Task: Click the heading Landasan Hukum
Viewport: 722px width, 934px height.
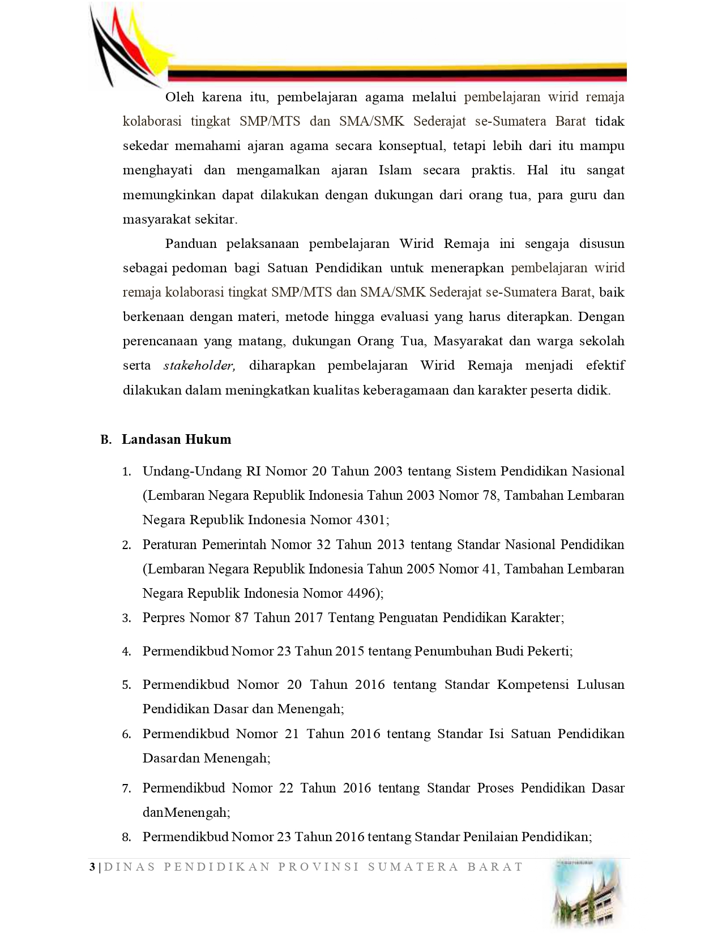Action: [176, 439]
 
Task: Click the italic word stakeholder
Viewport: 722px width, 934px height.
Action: [199, 366]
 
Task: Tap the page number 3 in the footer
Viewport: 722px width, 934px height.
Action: [92, 867]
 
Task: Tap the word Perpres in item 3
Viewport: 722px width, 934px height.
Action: [164, 618]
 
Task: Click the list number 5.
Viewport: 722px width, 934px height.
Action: [127, 685]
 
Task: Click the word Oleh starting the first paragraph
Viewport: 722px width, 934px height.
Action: [180, 97]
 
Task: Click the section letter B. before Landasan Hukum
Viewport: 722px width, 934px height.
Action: [105, 440]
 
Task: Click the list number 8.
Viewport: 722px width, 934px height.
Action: [127, 838]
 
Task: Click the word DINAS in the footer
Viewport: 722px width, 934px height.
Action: [130, 867]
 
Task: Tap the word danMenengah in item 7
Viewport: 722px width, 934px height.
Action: [186, 812]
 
